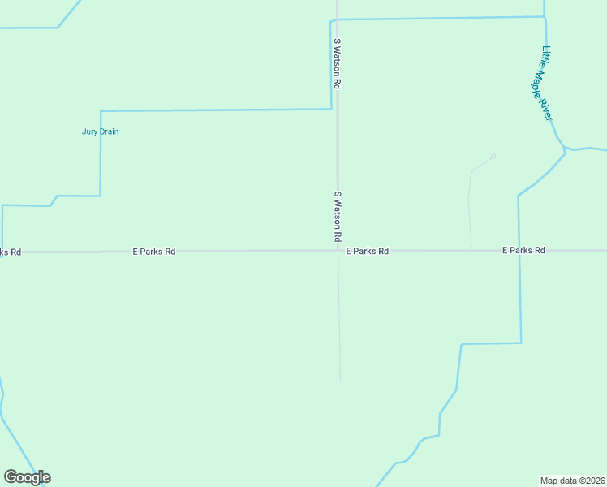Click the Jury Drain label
pos(101,131)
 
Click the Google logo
pos(27,477)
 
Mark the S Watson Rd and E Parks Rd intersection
pos(338,251)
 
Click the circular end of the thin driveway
pos(493,156)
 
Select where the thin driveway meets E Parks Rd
pos(471,251)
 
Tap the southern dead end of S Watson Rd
pos(340,381)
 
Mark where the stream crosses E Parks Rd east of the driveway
pos(519,251)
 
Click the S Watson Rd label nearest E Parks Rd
pos(337,217)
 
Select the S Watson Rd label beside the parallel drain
pos(336,63)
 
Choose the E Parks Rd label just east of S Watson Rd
pos(367,252)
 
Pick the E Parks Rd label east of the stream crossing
pos(523,251)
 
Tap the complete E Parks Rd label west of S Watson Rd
pos(154,252)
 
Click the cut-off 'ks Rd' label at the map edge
pos(11,252)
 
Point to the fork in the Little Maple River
pos(565,149)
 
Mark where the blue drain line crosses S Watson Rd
pos(337,19)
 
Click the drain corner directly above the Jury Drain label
pos(101,111)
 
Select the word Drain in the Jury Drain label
pos(110,131)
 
